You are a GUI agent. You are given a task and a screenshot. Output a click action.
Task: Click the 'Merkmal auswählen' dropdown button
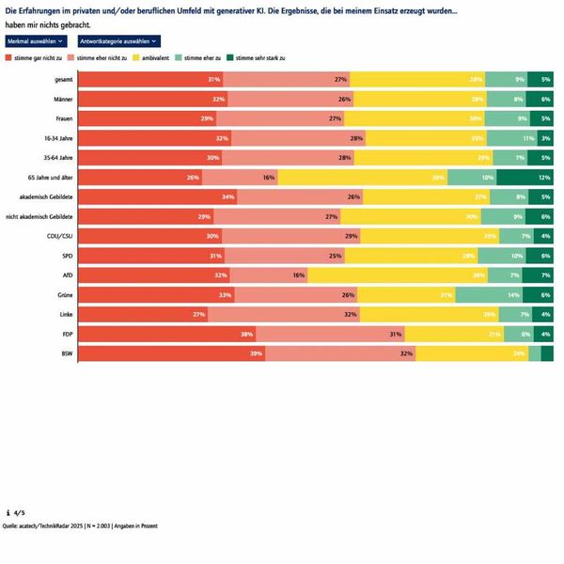(36, 41)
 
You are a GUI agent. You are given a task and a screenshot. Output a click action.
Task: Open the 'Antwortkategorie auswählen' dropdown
(118, 41)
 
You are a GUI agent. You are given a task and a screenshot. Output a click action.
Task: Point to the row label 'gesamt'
(65, 79)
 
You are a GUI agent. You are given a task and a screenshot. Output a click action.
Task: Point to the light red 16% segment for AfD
(269, 274)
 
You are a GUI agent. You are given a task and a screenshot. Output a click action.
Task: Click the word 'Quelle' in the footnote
(12, 525)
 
